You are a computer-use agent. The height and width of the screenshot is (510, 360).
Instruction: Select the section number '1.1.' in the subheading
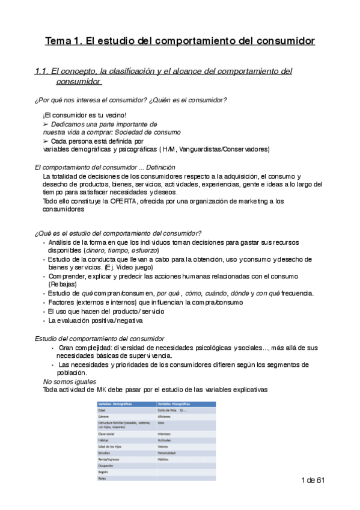42,72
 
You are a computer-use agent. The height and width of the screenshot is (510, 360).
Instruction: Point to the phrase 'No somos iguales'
69,381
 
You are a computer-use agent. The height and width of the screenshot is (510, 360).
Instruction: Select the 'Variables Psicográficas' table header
175,403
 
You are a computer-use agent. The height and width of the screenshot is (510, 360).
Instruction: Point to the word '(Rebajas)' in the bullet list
63,284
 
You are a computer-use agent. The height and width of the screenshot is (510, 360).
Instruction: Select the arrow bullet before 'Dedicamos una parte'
46,123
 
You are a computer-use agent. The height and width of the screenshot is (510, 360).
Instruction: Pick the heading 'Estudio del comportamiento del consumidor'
100,339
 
